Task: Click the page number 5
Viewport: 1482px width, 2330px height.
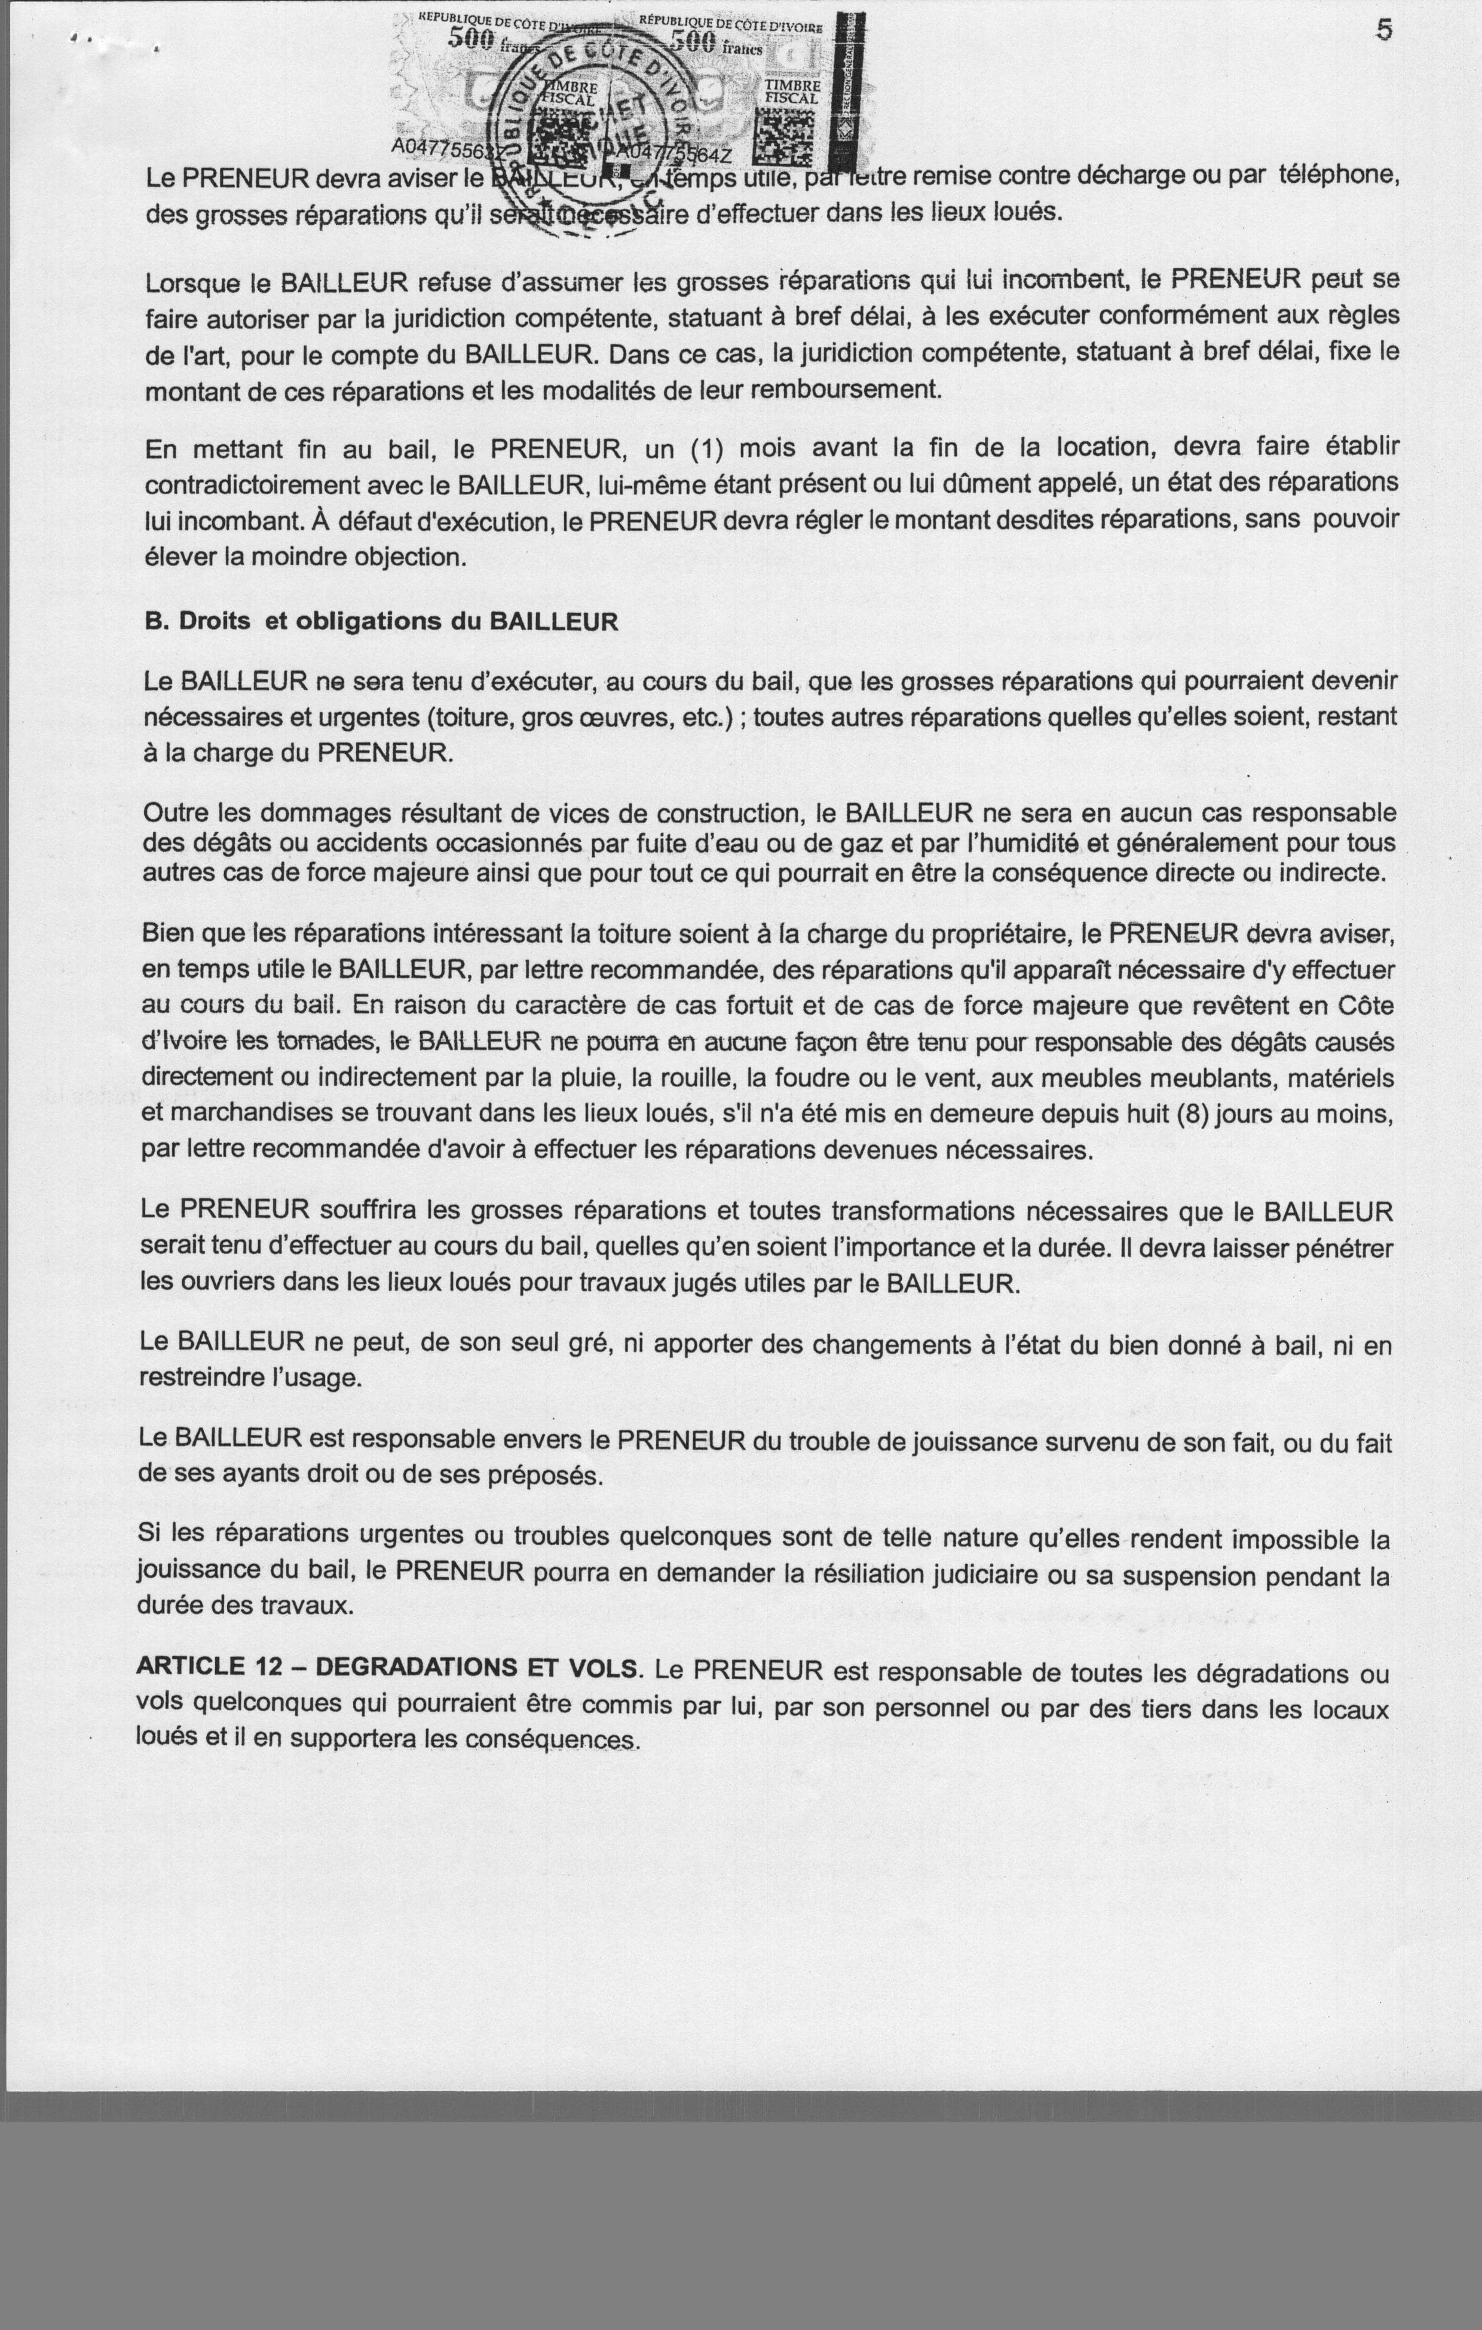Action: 1385,31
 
